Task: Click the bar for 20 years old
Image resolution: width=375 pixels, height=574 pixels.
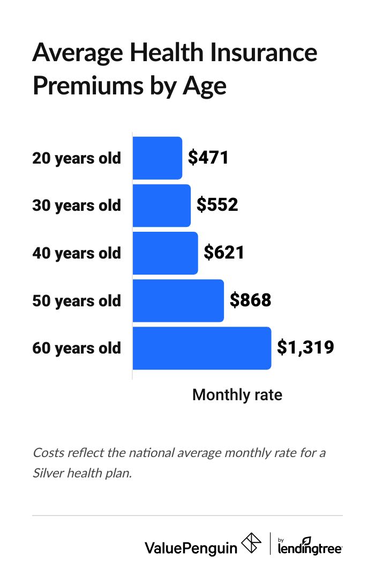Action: pyautogui.click(x=157, y=158)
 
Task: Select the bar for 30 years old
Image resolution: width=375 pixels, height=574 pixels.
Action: pyautogui.click(x=161, y=205)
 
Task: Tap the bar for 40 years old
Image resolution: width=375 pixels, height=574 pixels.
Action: pyautogui.click(x=165, y=253)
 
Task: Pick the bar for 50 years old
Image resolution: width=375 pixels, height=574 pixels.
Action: pyautogui.click(x=178, y=300)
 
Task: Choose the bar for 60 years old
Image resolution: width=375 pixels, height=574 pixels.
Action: pyautogui.click(x=201, y=348)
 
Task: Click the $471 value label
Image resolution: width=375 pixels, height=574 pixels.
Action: pyautogui.click(x=209, y=158)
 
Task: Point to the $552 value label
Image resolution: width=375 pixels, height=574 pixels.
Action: pyautogui.click(x=217, y=205)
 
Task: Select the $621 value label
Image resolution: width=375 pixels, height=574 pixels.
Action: pyautogui.click(x=224, y=253)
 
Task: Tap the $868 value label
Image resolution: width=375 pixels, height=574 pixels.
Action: pyautogui.click(x=250, y=300)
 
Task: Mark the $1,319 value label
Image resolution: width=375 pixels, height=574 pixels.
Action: pyautogui.click(x=305, y=348)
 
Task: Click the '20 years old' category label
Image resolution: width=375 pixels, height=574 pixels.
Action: pyautogui.click(x=77, y=159)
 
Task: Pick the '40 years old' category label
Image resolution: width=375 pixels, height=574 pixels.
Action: pyautogui.click(x=77, y=253)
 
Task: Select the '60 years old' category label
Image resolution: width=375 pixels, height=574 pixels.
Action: pyautogui.click(x=77, y=348)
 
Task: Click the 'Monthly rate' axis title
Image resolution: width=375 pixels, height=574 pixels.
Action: pyautogui.click(x=237, y=395)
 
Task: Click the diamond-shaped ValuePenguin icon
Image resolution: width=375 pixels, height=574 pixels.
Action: pyautogui.click(x=252, y=544)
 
